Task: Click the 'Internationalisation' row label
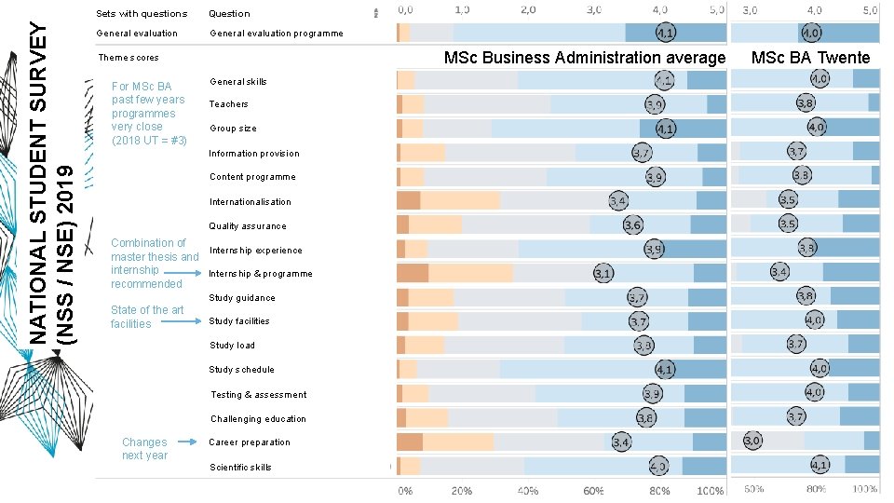pos(250,202)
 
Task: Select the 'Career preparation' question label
pos(250,442)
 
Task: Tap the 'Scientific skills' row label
pos(240,468)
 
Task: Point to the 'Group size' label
pos(233,129)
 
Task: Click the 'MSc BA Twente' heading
pos(810,58)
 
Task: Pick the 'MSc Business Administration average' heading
pos(584,58)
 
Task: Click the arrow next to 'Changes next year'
pos(186,442)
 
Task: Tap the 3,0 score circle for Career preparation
pos(752,440)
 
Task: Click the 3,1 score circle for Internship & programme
pos(603,274)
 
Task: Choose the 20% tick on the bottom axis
pos(461,490)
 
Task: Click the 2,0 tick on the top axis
pos(528,9)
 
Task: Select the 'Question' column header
pos(229,14)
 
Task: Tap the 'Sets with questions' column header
pos(142,14)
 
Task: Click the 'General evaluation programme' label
pos(276,34)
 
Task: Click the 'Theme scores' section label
pos(129,58)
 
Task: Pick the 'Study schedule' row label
pos(241,370)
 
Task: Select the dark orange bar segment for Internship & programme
pos(413,273)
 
